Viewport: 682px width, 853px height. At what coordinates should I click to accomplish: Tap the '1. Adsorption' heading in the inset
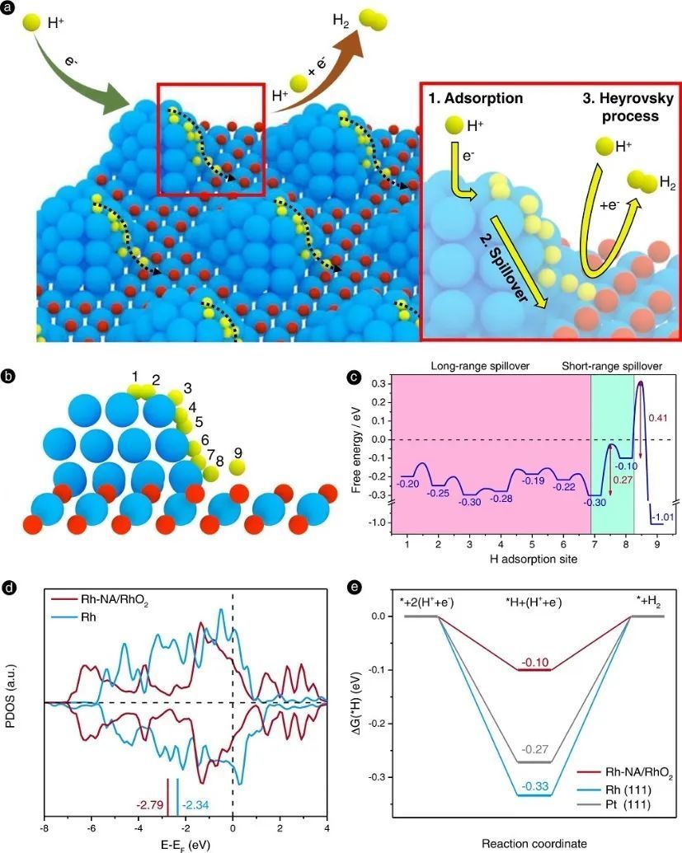click(x=476, y=99)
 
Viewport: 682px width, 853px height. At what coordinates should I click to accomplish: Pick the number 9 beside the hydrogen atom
click(x=238, y=453)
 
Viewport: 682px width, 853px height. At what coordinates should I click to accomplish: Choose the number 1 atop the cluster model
click(x=134, y=377)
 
